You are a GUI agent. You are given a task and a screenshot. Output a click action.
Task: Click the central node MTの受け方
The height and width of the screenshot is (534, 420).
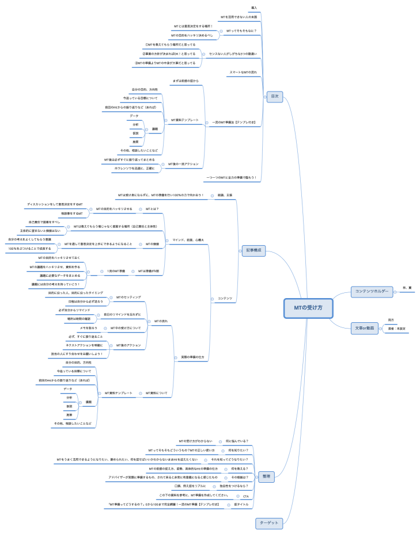pos(308,308)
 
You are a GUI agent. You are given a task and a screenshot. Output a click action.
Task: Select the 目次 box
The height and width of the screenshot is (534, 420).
pos(275,96)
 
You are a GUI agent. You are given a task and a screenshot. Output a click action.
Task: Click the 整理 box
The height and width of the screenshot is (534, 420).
pos(266,476)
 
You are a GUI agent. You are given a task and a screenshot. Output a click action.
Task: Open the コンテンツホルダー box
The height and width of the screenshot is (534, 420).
pos(371,291)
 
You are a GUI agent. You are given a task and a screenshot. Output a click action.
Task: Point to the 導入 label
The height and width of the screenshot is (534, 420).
pos(254,7)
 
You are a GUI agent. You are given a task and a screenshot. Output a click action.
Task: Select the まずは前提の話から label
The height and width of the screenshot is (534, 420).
pos(185,81)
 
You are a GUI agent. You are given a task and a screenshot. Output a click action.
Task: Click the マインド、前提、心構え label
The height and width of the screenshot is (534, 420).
pos(188,239)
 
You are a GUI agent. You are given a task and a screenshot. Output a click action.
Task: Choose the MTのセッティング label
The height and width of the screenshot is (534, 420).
pos(128,297)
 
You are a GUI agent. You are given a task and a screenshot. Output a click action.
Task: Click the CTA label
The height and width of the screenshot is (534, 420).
pos(245,495)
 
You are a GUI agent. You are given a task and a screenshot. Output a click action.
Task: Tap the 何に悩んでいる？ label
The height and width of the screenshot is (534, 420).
pos(237,441)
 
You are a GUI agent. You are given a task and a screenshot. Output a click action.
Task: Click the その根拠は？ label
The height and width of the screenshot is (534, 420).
pos(239,477)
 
